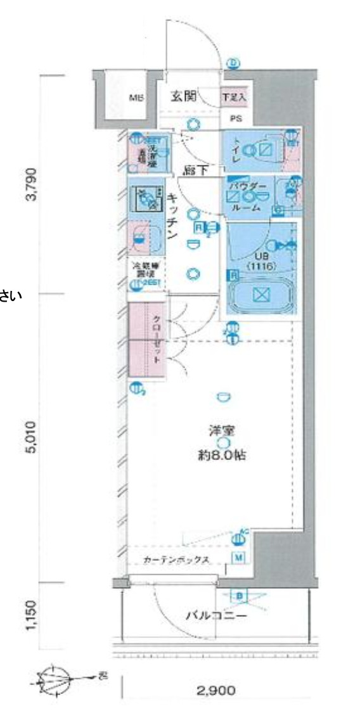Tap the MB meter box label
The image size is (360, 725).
click(x=136, y=98)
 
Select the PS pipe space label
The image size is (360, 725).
click(x=236, y=118)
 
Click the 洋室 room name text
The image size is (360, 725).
click(x=222, y=430)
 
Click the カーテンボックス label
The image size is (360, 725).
click(x=172, y=560)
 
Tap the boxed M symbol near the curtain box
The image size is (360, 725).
click(x=239, y=558)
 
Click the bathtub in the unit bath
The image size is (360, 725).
click(x=261, y=296)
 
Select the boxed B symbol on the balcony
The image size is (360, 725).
click(x=240, y=596)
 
